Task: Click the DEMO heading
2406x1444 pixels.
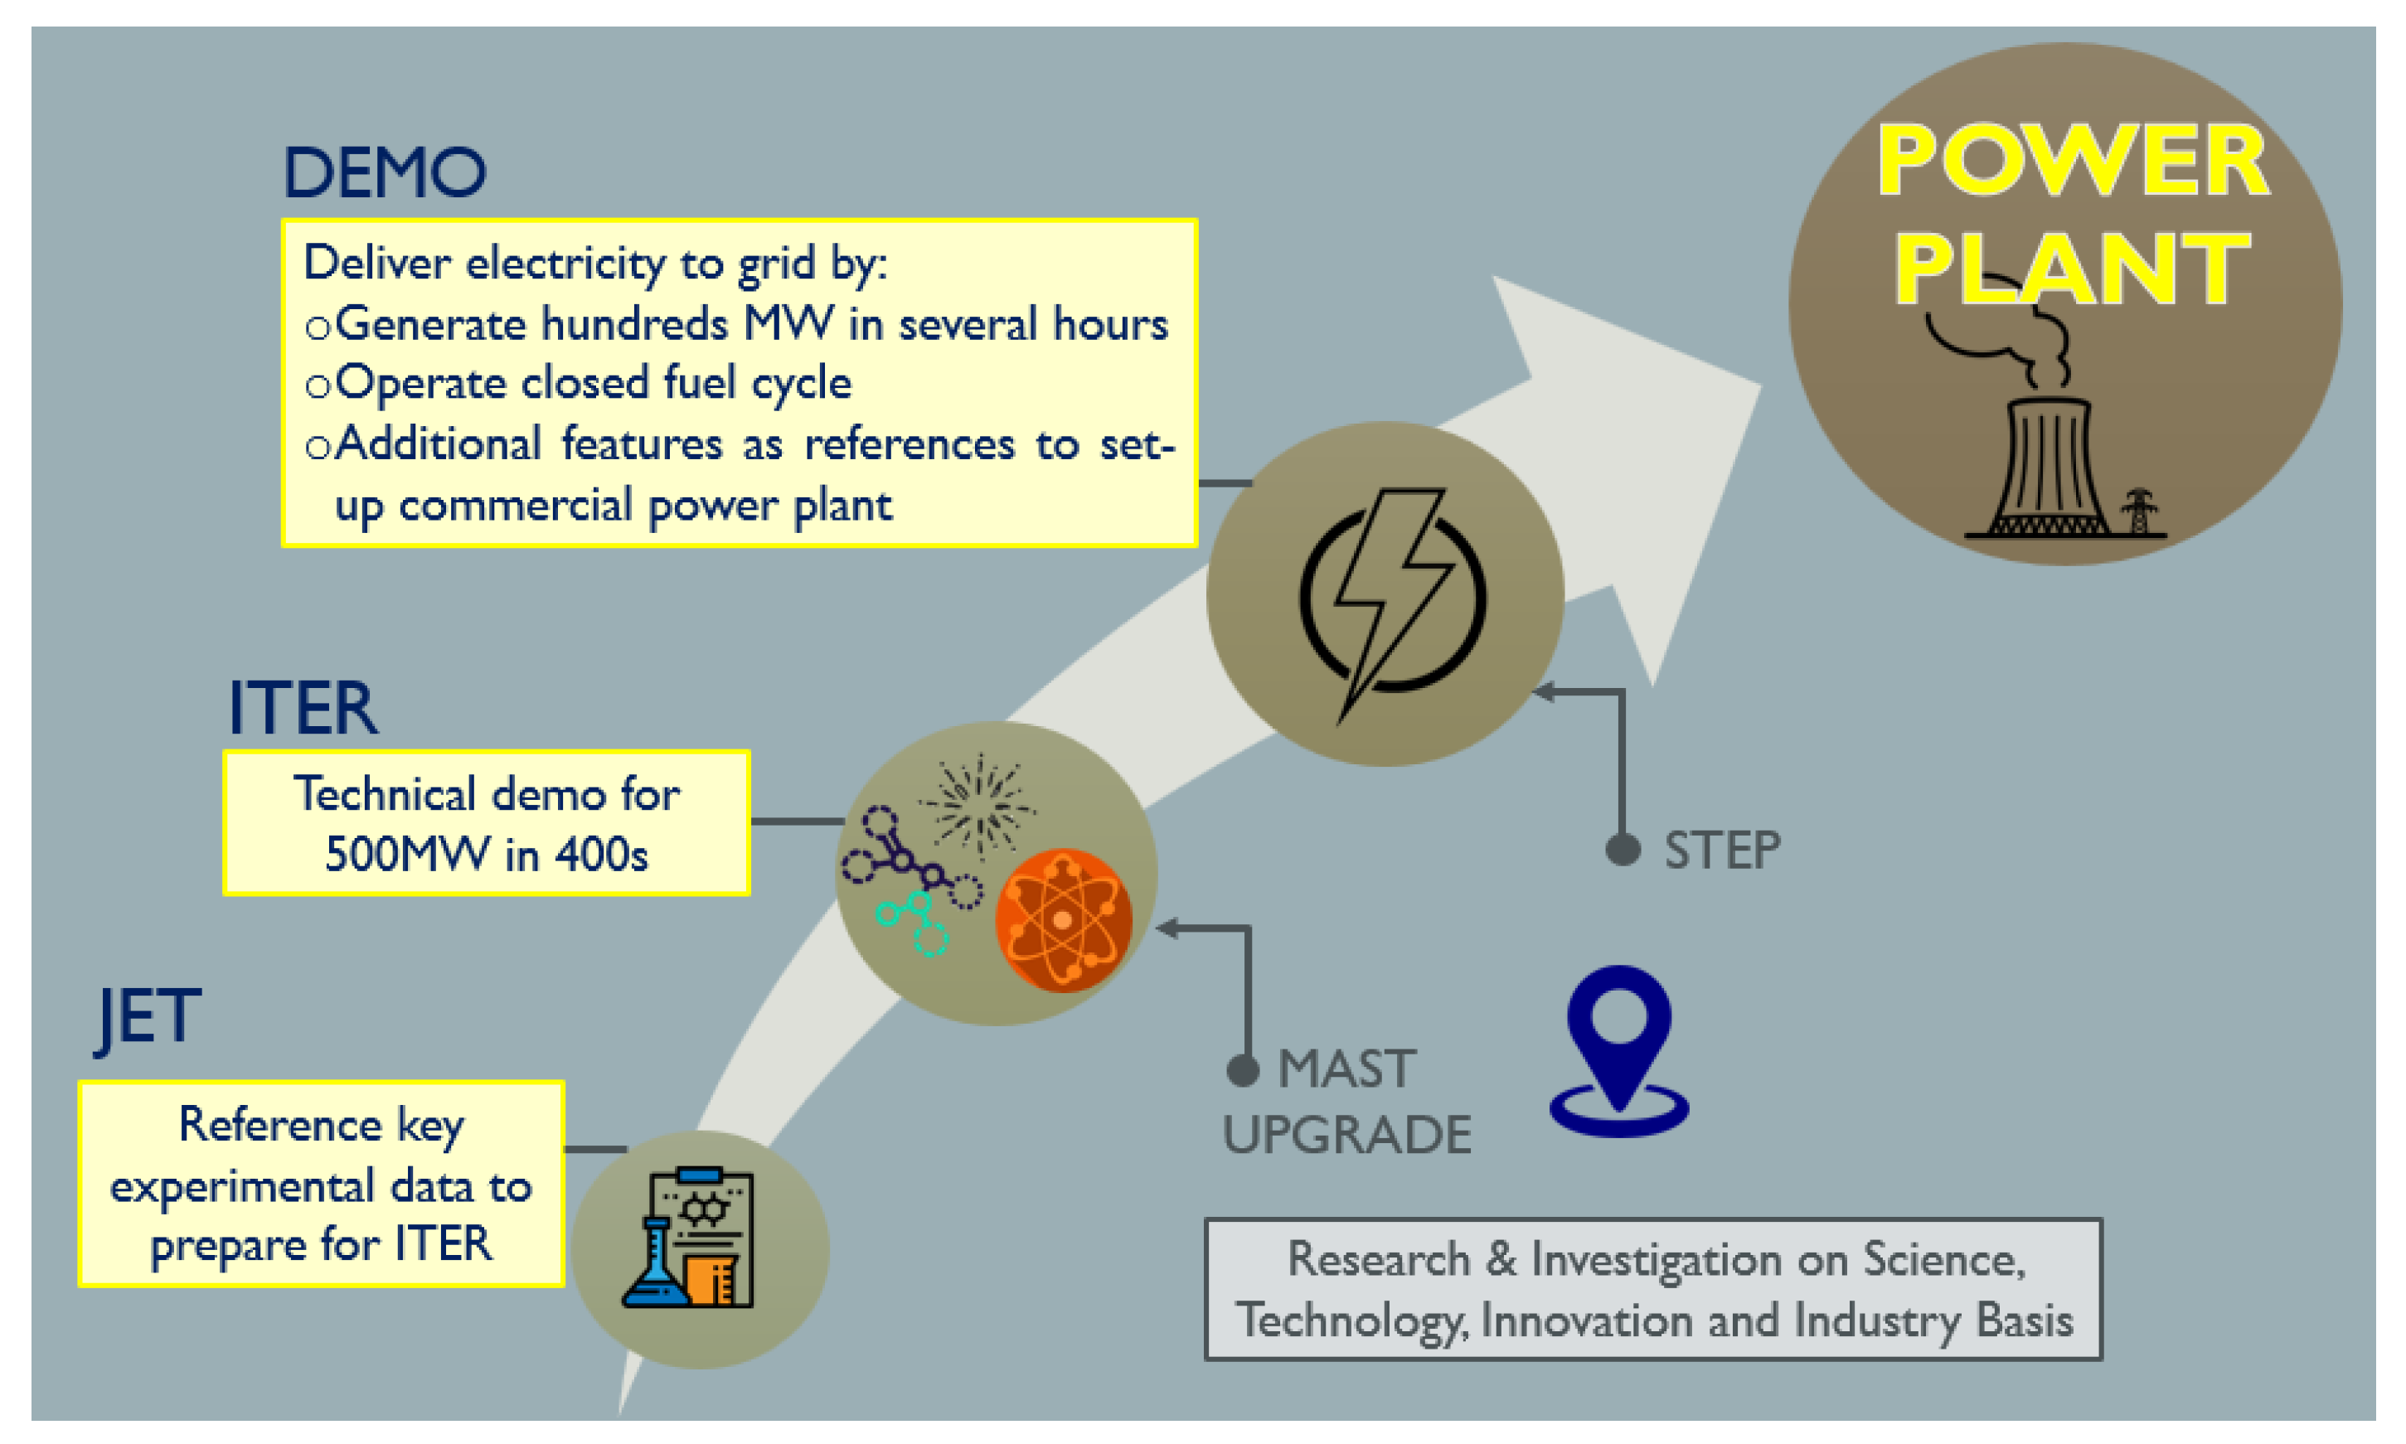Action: tap(385, 173)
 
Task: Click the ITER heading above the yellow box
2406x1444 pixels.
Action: tap(303, 709)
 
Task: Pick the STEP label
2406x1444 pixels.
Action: tap(1722, 850)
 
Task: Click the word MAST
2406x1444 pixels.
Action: tap(1346, 1069)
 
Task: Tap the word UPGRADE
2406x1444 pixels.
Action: tap(1346, 1135)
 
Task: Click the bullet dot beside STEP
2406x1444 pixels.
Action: tap(1623, 850)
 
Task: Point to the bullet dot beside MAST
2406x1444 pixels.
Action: tap(1244, 1070)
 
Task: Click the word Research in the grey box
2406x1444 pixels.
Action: tap(1379, 1259)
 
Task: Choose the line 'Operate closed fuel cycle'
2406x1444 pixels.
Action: tap(593, 383)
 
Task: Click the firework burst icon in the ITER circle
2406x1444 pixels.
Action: tap(977, 806)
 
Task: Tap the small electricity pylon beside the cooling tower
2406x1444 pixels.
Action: tap(2139, 511)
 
